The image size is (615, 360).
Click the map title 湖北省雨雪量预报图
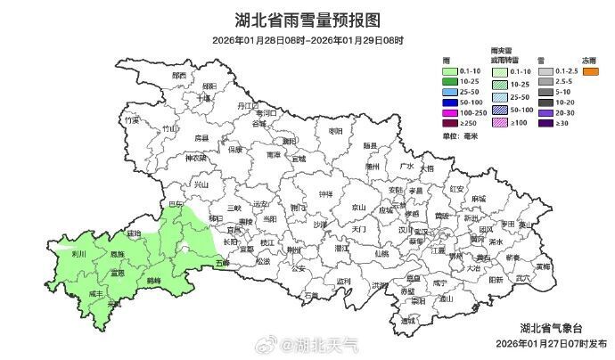point(307,19)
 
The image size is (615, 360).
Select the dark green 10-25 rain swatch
point(454,82)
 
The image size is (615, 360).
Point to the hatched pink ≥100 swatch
point(503,124)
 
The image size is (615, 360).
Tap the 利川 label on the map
point(78,254)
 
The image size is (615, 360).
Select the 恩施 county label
point(117,255)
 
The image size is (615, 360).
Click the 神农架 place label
point(195,158)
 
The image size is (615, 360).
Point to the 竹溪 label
point(133,119)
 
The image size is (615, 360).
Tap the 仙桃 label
point(381,253)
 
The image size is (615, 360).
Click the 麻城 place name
point(480,198)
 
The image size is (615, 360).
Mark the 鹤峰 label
point(153,280)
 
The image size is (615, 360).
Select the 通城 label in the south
point(409,321)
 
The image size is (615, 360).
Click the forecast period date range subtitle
point(307,40)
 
